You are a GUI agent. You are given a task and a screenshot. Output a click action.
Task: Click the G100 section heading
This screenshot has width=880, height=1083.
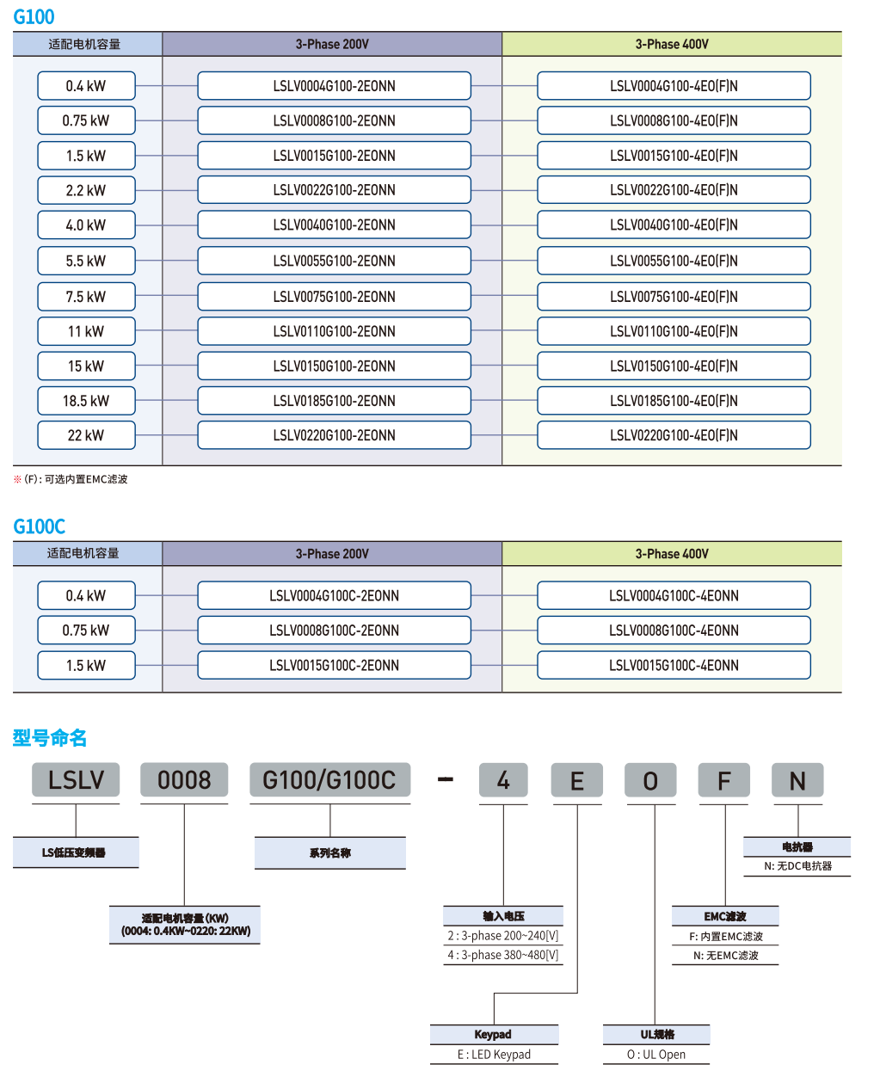pyautogui.click(x=34, y=16)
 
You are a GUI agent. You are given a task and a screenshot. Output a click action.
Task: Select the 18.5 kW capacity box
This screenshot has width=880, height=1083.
pyautogui.click(x=86, y=401)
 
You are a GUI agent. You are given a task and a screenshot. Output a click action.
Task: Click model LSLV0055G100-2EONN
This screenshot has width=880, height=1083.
pyautogui.click(x=334, y=261)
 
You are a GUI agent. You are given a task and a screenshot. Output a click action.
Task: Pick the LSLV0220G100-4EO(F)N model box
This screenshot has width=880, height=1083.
pyautogui.click(x=674, y=435)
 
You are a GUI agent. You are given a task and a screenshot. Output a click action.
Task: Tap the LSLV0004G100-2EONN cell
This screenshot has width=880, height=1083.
pyautogui.click(x=334, y=86)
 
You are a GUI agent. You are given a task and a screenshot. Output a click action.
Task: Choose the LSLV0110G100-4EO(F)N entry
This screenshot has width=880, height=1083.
pyautogui.click(x=674, y=331)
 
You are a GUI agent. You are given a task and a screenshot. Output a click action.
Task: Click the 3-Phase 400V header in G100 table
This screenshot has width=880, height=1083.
pyautogui.click(x=672, y=44)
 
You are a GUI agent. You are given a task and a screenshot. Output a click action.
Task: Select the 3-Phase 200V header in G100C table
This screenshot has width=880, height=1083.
pyautogui.click(x=332, y=554)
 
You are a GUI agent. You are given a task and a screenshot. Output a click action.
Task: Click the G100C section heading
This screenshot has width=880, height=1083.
pyautogui.click(x=39, y=526)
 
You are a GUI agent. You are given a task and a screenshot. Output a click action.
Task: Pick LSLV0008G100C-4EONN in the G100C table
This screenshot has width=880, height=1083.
pyautogui.click(x=674, y=631)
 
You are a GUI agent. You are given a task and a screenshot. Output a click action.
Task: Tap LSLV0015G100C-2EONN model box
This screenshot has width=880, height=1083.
pyautogui.click(x=334, y=665)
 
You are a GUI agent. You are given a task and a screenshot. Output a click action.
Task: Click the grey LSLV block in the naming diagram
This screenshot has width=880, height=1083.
pyautogui.click(x=76, y=780)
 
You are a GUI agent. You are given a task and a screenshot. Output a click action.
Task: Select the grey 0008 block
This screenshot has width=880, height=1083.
pyautogui.click(x=184, y=780)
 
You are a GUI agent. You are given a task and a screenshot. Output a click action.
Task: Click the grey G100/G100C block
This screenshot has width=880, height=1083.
pyautogui.click(x=329, y=780)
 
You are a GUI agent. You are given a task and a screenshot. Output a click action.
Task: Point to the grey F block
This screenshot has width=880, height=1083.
pyautogui.click(x=724, y=780)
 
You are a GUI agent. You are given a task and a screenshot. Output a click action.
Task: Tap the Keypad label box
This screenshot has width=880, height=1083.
pyautogui.click(x=493, y=1034)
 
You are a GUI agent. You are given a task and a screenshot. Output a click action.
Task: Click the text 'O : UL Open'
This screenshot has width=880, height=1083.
pyautogui.click(x=656, y=1055)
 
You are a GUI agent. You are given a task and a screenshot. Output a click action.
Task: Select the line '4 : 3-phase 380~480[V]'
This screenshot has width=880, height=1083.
pyautogui.click(x=503, y=955)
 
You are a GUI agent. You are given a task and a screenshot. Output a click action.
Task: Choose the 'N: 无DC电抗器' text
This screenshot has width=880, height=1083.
pyautogui.click(x=797, y=866)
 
